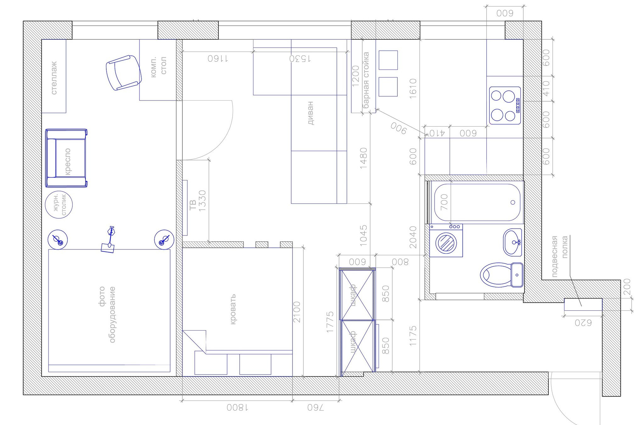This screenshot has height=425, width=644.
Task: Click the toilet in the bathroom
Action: click(502, 275)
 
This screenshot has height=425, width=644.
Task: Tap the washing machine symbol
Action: click(446, 241)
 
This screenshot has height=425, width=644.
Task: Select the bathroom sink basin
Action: click(513, 242)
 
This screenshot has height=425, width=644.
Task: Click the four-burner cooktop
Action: click(505, 105)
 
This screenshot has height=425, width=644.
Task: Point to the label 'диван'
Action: click(310, 113)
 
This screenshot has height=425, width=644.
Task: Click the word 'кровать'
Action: click(233, 309)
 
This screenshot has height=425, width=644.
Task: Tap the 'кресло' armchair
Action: click(66, 158)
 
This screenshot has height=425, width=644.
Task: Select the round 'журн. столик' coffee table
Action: click(59, 204)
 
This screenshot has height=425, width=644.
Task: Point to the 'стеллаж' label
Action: click(54, 78)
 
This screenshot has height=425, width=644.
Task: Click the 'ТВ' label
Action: click(193, 205)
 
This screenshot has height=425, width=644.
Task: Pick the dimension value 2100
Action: click(297, 312)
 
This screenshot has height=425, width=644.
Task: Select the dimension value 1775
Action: click(330, 322)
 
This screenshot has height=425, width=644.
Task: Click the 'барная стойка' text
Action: click(366, 80)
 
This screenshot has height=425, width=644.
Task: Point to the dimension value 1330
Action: click(202, 201)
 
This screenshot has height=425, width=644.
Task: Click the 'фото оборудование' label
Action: click(107, 314)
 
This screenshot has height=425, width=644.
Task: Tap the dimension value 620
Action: click(583, 323)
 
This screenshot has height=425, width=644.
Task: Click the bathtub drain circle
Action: click(513, 202)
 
